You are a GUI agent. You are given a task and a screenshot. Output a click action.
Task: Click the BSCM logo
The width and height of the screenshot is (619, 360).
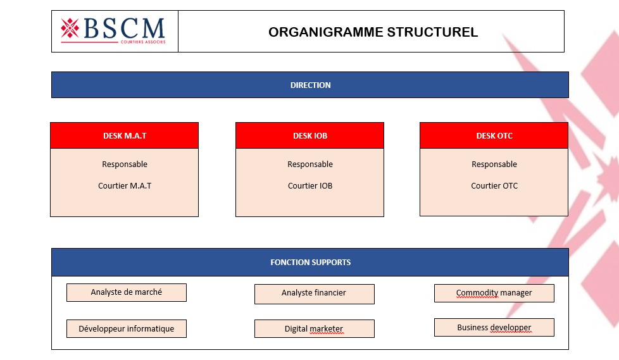coord(114,31)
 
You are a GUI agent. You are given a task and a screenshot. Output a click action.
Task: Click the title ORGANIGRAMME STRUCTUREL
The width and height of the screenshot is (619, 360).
coord(373,32)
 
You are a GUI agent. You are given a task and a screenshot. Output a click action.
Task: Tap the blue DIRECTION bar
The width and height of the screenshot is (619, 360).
coord(310,85)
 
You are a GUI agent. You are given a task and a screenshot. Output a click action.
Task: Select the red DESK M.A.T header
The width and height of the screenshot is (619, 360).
coord(125,135)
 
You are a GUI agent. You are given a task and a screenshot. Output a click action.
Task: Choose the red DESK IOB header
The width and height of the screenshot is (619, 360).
coord(310,135)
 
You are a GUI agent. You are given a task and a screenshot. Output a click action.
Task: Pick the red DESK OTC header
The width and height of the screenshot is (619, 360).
coord(494,135)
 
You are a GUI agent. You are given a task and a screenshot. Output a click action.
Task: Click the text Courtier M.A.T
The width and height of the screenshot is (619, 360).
coord(125,186)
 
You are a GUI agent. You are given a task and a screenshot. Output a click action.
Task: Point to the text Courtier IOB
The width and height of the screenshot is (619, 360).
coord(310,186)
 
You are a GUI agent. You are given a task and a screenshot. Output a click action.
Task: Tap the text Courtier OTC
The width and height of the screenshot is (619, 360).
coord(494,186)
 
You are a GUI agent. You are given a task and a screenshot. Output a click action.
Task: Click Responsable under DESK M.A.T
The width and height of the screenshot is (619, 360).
coord(125,164)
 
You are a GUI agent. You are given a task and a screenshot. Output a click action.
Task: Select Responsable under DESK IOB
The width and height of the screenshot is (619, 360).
coord(310,164)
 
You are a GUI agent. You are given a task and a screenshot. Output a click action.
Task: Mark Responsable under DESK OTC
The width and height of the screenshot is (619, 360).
coord(494,164)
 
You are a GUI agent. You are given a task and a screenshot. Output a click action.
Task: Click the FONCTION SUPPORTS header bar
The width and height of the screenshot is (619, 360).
coord(310,262)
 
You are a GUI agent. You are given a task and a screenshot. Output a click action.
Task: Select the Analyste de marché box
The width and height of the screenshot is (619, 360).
coord(127,292)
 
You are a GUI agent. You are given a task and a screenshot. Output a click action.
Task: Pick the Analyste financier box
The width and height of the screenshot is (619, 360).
coord(314,294)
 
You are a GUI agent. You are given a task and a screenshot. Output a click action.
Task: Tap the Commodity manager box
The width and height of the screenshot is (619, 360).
coord(494,293)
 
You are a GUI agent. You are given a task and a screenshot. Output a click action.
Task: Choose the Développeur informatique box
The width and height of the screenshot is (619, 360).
coord(127,329)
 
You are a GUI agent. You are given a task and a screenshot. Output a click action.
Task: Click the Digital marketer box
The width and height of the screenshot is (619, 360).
coord(314,329)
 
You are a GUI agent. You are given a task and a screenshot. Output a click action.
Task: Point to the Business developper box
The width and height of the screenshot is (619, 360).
coord(494,328)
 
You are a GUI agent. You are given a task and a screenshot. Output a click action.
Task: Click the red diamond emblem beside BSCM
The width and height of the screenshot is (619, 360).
coord(70,28)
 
